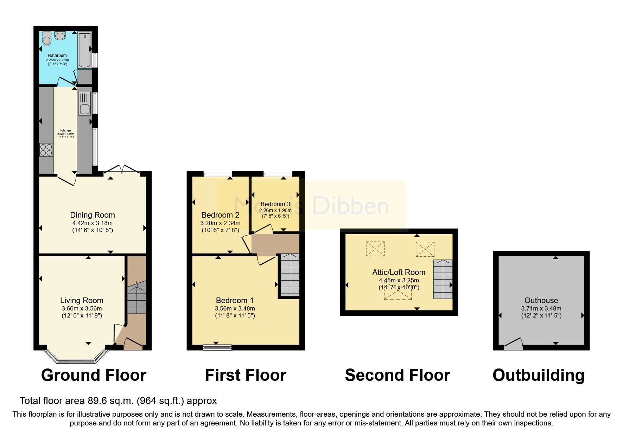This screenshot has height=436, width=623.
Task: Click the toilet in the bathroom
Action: (46, 39)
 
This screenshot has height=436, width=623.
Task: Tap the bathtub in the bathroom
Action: (84, 50)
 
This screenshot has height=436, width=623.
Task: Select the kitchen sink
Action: (84, 109)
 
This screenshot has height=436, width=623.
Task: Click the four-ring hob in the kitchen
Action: (46, 150)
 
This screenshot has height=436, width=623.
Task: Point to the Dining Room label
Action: (93, 215)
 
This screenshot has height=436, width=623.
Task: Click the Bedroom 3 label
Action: (275, 204)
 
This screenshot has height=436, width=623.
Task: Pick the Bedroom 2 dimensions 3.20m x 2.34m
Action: (220, 223)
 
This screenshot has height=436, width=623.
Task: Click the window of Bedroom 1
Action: (217, 347)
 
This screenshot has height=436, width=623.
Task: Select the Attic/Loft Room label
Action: (399, 272)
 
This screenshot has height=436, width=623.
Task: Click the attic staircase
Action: (443, 280)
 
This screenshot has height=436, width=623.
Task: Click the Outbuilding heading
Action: (538, 375)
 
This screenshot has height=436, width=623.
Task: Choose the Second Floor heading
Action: (398, 375)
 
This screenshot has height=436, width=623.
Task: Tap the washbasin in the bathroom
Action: (60, 36)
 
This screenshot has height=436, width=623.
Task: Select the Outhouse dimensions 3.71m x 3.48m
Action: (541, 308)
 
